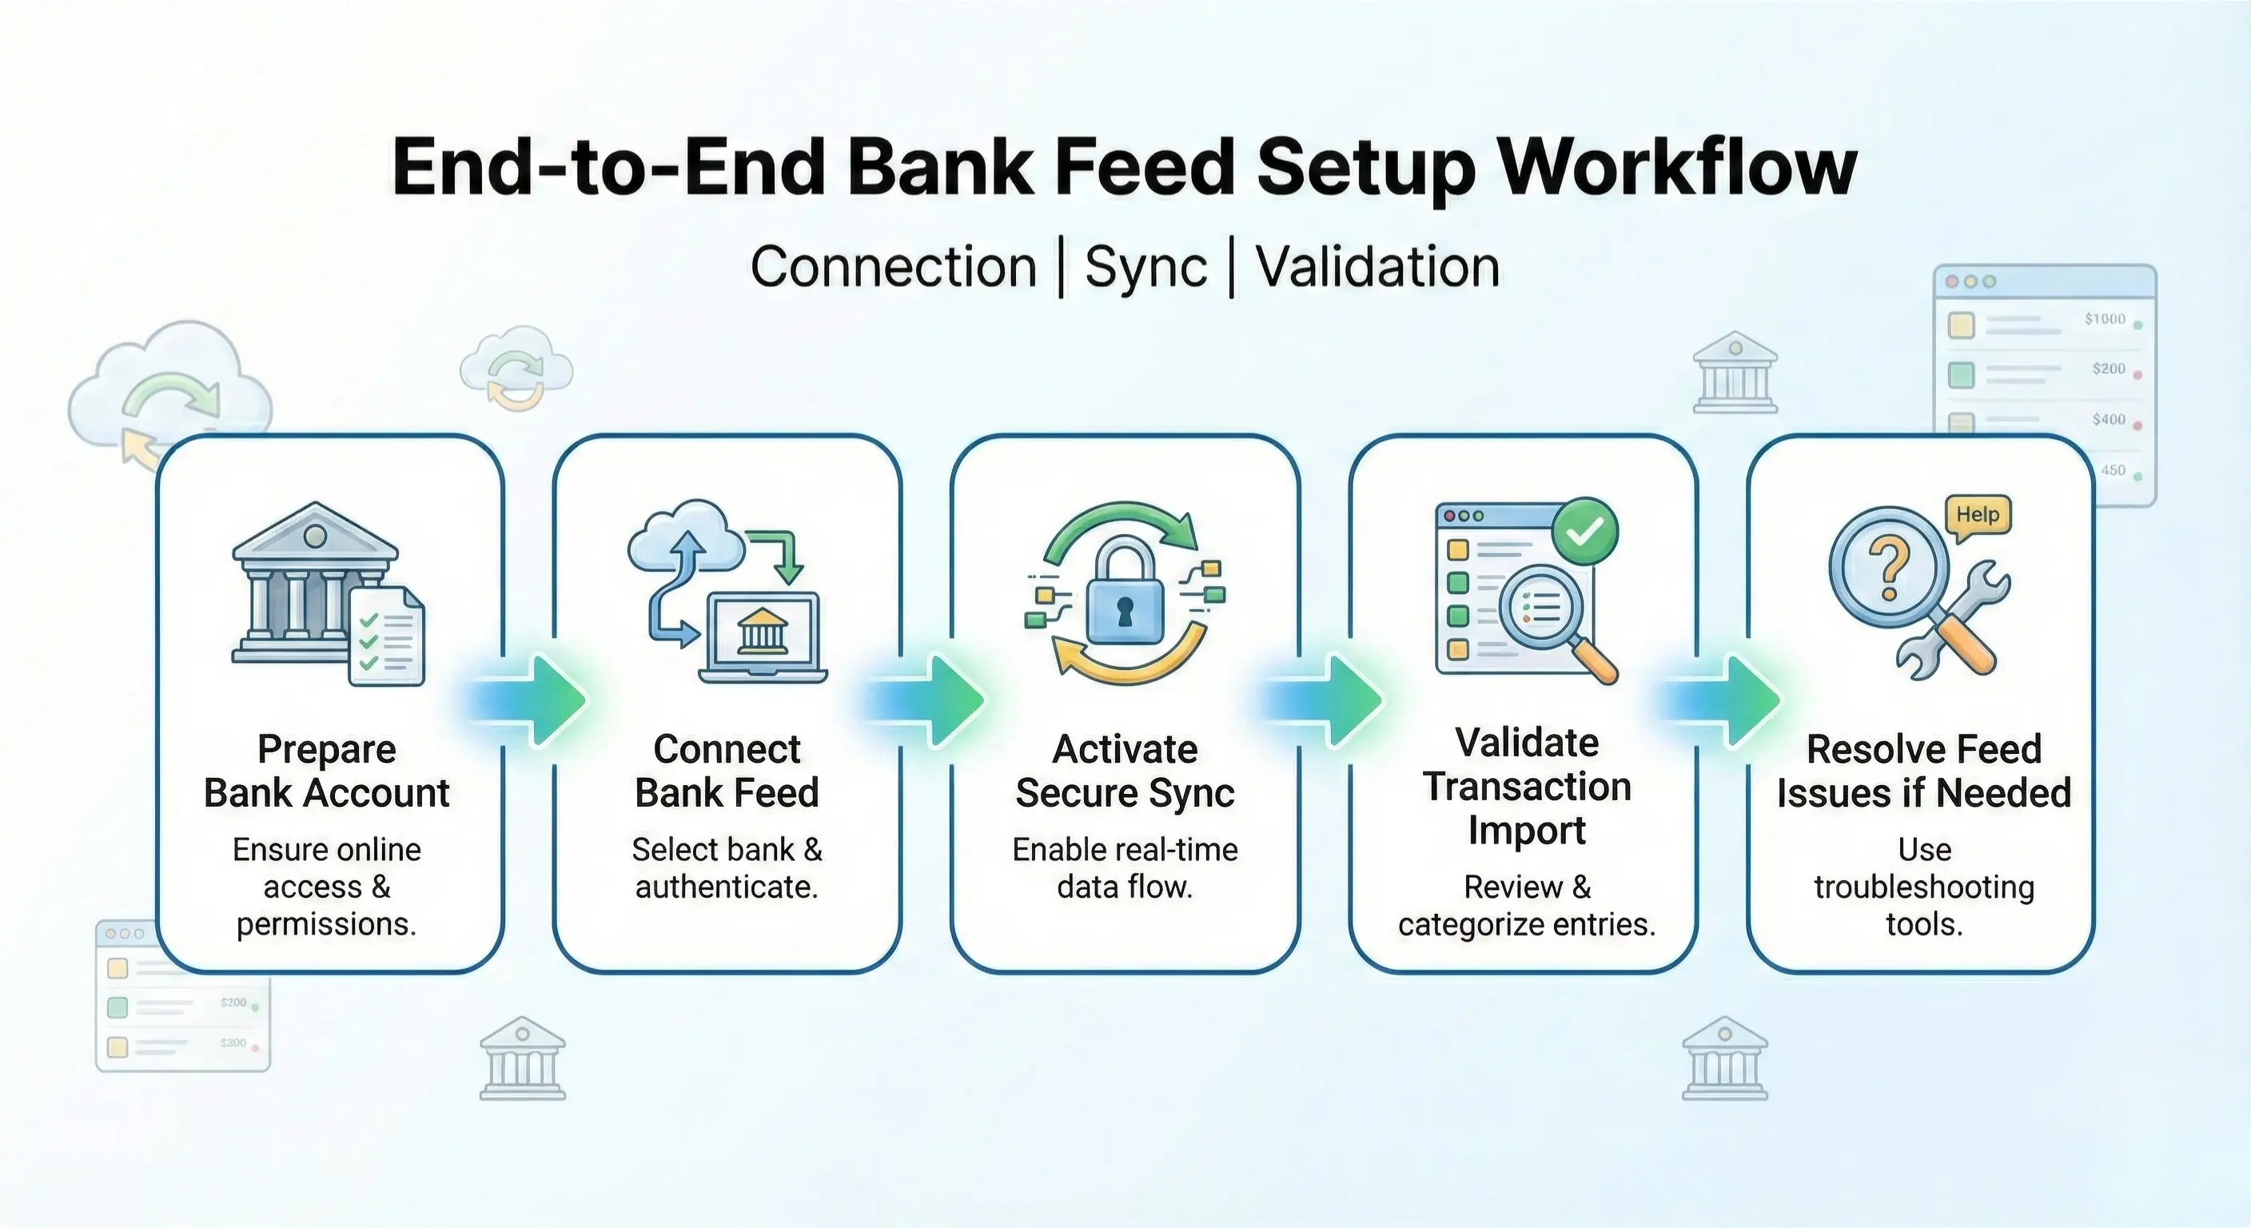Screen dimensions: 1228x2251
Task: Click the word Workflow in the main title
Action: [1677, 168]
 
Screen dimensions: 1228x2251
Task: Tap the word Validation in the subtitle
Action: [1378, 268]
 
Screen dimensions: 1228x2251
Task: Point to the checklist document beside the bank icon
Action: [386, 636]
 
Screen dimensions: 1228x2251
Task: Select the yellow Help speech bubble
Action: [1978, 515]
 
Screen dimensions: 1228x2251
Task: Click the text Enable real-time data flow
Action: [1125, 868]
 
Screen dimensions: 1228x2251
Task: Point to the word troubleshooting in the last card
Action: [1924, 887]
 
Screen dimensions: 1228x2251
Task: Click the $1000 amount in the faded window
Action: [2104, 319]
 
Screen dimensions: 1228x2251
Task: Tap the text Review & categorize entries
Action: [1527, 906]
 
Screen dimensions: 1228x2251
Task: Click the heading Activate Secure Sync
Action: [1125, 771]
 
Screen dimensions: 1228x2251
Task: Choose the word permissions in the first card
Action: [326, 924]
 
